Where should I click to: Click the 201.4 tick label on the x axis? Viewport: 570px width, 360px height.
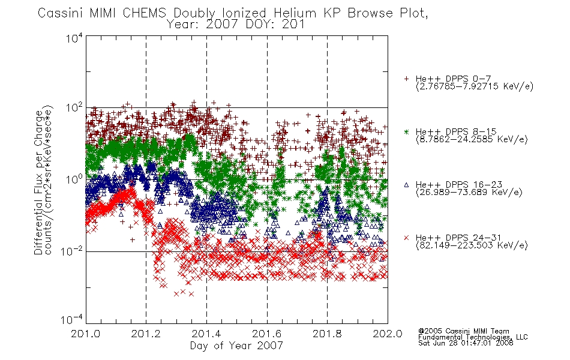pos(206,334)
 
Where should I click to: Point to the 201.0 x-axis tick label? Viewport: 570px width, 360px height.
pos(86,334)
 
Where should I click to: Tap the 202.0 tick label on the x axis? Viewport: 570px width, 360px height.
pos(388,334)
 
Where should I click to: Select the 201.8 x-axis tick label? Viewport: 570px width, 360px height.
pos(327,334)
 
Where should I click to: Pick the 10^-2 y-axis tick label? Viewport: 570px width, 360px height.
pos(72,251)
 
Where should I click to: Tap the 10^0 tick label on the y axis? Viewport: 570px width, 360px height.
pos(74,179)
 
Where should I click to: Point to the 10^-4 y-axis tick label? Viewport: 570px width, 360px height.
pos(72,319)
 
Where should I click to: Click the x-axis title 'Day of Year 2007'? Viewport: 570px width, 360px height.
pos(236,346)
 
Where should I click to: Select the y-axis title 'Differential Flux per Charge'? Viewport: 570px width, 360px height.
pos(38,182)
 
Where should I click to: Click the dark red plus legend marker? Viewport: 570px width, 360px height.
pos(406,79)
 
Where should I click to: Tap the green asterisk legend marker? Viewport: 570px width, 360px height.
pos(406,131)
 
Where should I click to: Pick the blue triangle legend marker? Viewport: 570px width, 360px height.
pos(406,185)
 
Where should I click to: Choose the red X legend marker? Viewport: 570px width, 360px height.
pos(406,238)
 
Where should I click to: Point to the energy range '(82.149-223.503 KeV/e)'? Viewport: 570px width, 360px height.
pos(472,245)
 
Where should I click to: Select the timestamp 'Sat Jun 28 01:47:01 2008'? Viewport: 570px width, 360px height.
pos(466,343)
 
